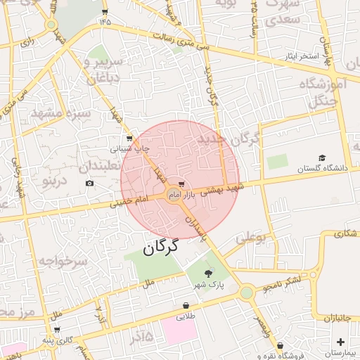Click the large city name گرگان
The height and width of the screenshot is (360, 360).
point(161,247)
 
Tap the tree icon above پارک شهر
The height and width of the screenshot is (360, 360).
point(208,274)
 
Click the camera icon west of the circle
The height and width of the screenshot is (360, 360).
point(90,184)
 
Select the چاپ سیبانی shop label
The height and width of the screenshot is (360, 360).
point(129,149)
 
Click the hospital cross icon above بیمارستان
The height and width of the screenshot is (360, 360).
point(340,342)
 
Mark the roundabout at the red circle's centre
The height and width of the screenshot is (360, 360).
point(174,193)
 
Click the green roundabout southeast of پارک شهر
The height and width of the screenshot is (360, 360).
point(246,292)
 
